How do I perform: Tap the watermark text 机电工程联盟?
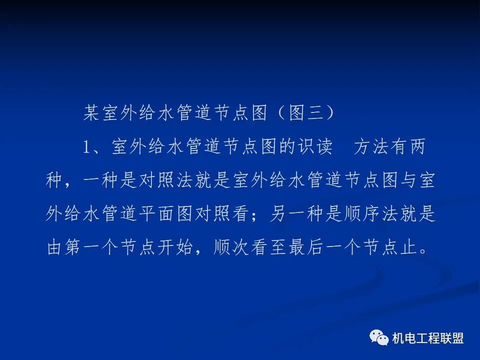[428, 338]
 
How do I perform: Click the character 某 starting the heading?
[91, 113]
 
